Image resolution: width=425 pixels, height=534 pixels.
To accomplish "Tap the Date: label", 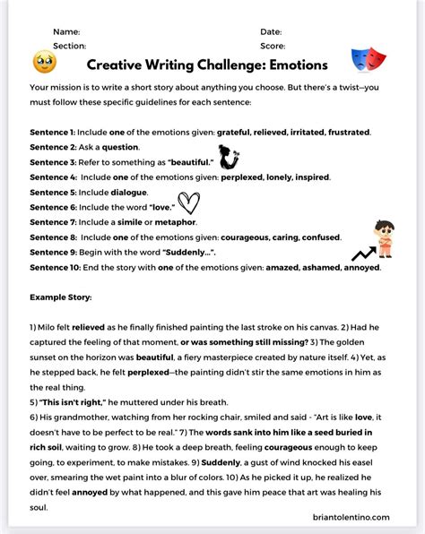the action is pos(271,31).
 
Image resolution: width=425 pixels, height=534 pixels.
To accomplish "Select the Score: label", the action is pos(273,45).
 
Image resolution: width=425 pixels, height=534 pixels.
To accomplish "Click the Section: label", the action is pos(69,45).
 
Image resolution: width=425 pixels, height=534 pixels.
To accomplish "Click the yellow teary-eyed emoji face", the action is pos(44,62).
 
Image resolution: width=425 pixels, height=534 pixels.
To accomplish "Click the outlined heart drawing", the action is pos(188,202).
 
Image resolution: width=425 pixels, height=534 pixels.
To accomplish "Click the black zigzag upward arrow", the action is pos(362,254).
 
